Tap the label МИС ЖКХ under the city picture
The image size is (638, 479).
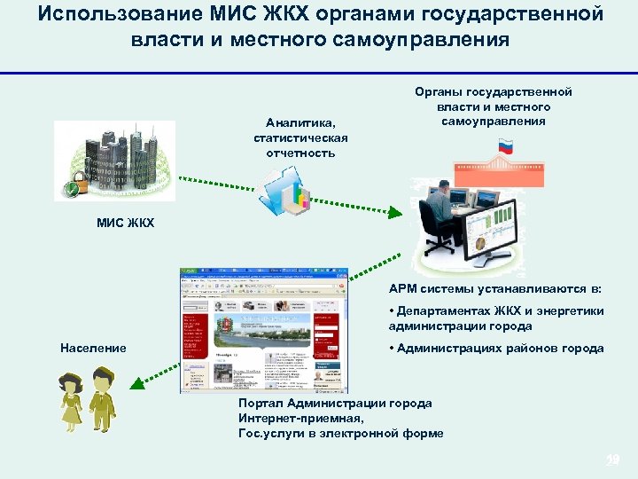point(125,223)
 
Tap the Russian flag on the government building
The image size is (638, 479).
point(506,146)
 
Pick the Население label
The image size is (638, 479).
point(93,348)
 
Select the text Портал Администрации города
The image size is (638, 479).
point(335,404)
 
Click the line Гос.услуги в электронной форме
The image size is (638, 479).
point(340,434)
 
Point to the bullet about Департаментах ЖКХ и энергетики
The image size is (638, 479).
point(495,318)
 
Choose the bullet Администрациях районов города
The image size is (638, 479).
point(496,349)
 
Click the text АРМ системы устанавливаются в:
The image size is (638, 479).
point(494,288)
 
